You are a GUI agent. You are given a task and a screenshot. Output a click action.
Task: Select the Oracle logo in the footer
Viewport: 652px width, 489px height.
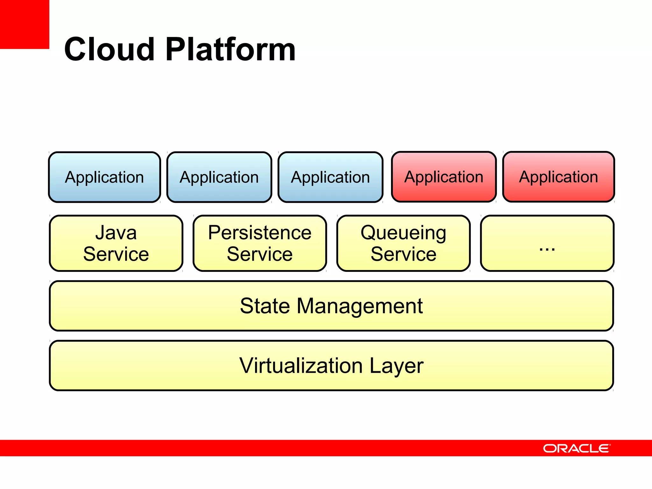[x=576, y=448]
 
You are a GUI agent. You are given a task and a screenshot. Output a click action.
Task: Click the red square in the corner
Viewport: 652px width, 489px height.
[x=24, y=24]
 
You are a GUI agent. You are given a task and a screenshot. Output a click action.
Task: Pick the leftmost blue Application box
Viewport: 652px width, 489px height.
[x=104, y=177]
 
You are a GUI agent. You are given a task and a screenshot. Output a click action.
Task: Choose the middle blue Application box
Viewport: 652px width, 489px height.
[x=219, y=177]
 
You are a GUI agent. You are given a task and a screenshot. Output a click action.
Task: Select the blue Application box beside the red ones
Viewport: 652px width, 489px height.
[x=330, y=177]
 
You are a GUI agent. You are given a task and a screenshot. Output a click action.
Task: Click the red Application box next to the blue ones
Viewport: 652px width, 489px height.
[x=444, y=177]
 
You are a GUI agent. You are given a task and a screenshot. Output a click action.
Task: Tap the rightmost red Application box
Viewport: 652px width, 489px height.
[x=558, y=177]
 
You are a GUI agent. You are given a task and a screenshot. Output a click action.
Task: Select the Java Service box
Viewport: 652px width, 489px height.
[x=116, y=243]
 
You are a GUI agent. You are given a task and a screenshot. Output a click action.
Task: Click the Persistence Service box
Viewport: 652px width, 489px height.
[x=260, y=243]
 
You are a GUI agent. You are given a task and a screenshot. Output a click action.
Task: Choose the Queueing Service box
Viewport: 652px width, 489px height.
[x=403, y=243]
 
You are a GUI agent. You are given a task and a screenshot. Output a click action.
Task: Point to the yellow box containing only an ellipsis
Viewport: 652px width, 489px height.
[x=547, y=243]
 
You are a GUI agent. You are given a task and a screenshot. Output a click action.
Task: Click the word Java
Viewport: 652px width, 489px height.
[x=116, y=233]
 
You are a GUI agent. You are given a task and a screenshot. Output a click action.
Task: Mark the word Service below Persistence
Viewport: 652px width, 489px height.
[x=260, y=254]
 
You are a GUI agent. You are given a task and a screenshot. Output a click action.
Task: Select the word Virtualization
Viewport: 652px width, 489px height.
[x=301, y=365]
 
